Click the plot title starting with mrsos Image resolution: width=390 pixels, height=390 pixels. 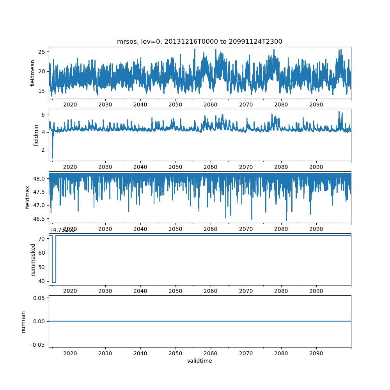pyautogui.click(x=200, y=41)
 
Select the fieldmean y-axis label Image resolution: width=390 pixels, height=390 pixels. pyautogui.click(x=33, y=73)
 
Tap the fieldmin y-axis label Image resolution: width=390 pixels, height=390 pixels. pyautogui.click(x=36, y=135)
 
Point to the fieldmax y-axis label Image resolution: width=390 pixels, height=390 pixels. pyautogui.click(x=27, y=197)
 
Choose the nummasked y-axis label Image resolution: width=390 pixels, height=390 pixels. pyautogui.click(x=33, y=260)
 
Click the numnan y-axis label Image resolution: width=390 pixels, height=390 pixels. pyautogui.click(x=23, y=321)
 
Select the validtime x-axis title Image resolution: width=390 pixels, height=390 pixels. pyautogui.click(x=200, y=361)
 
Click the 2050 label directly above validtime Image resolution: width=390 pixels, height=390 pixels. pyautogui.click(x=175, y=353)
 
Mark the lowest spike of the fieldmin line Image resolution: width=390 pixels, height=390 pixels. pyautogui.click(x=52, y=158)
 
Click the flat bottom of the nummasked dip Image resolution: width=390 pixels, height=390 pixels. pyautogui.click(x=54, y=282)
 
